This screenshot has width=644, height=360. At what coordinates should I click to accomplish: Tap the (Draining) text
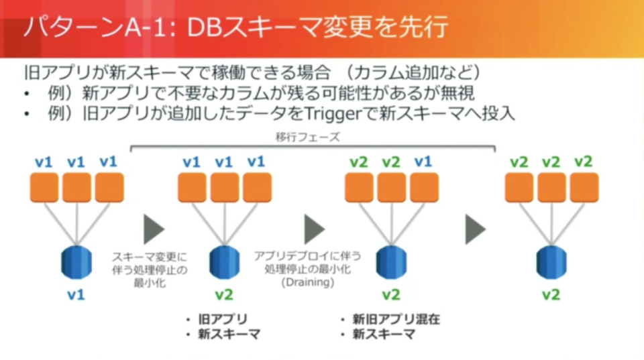[x=307, y=282]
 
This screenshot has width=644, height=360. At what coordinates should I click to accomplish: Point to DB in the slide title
[x=204, y=28]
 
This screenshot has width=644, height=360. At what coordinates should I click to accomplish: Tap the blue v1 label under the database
[x=76, y=294]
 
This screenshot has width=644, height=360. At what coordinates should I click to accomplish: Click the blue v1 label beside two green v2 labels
[x=423, y=162]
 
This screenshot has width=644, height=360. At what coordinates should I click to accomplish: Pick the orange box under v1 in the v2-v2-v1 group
[x=423, y=187]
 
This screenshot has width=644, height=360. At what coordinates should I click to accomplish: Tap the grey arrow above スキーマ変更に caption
[x=154, y=230]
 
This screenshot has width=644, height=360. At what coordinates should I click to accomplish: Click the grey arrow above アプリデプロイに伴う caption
[x=314, y=230]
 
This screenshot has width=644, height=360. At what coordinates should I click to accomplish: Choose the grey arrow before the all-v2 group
[x=475, y=230]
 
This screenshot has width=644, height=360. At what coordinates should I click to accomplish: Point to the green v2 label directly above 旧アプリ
[x=224, y=294]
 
